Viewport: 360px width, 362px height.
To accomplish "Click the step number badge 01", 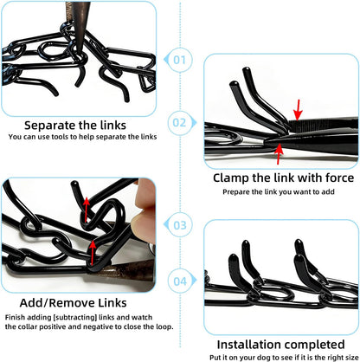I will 180,61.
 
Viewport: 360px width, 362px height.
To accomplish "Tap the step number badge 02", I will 180,122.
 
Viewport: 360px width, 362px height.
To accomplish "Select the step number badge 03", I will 180,224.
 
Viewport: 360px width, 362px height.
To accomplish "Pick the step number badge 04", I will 180,281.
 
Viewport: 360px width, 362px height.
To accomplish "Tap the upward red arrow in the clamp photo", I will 278,155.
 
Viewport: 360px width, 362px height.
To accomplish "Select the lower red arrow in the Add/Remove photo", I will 93,252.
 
